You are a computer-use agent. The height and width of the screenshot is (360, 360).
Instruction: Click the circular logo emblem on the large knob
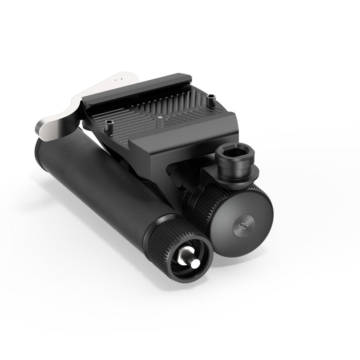(x=244, y=227)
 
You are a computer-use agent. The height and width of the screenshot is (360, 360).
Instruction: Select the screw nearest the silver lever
(x=110, y=123)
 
